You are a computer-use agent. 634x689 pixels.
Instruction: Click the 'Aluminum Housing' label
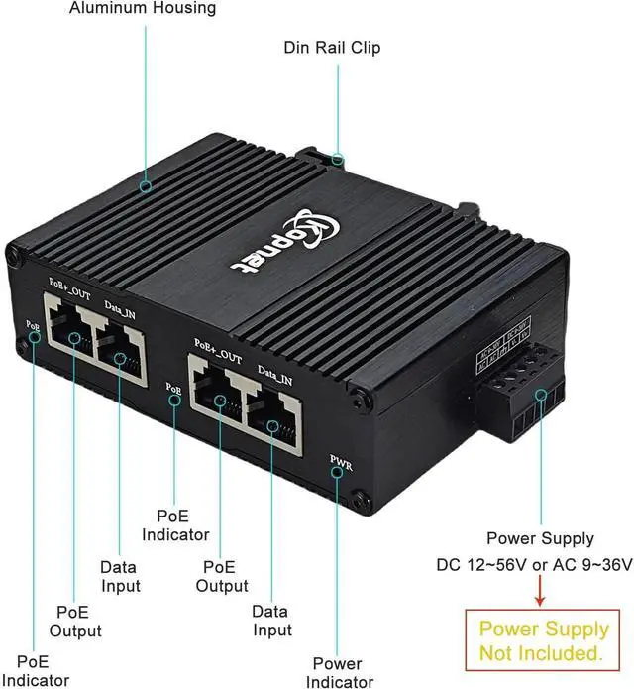(x=143, y=9)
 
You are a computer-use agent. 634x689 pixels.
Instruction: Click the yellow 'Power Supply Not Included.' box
(x=544, y=640)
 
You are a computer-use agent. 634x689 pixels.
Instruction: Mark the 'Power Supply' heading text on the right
(x=540, y=538)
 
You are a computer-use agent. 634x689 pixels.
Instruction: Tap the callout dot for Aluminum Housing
(x=147, y=184)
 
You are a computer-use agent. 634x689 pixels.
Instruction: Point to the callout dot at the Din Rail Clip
(x=338, y=158)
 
